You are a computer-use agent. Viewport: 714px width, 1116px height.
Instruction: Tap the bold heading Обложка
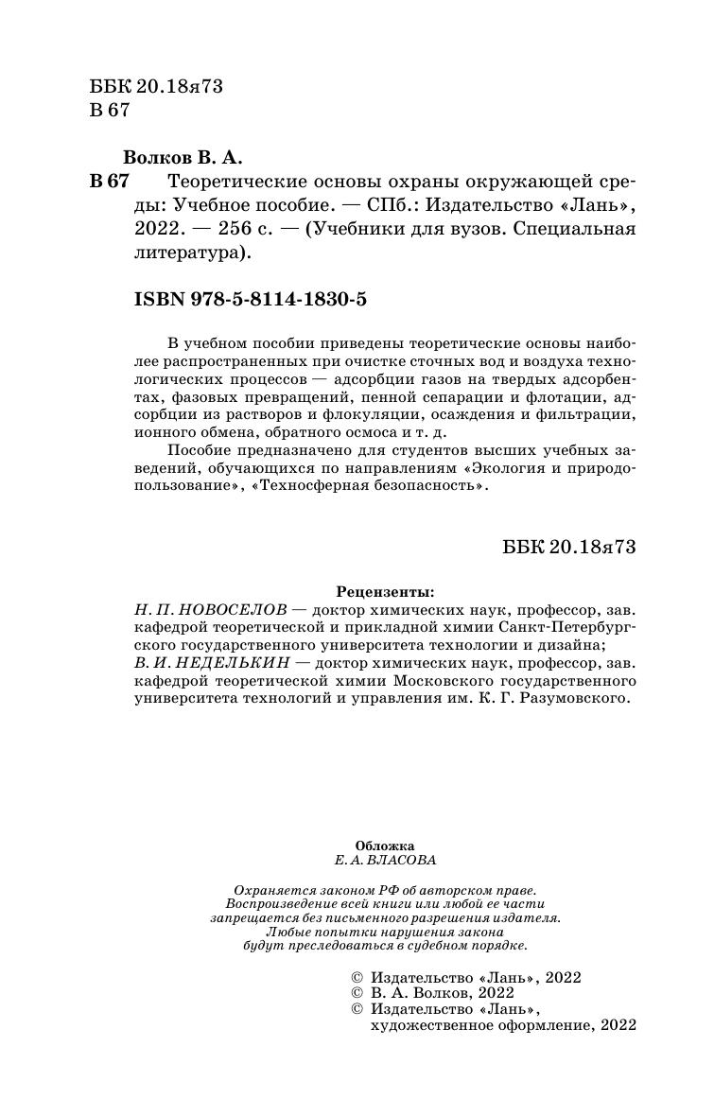click(x=384, y=847)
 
